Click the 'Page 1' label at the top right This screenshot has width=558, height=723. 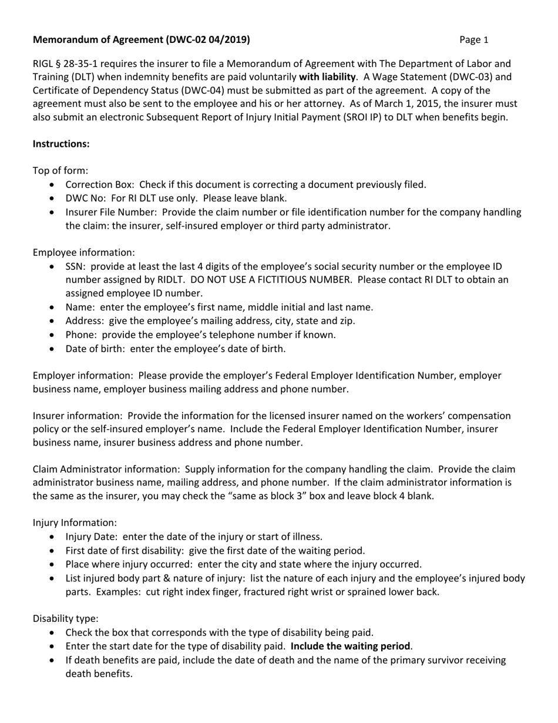474,40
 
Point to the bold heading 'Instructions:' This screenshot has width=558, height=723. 61,143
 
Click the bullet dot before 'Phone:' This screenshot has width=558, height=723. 54,335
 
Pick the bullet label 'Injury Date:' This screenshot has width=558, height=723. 92,536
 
